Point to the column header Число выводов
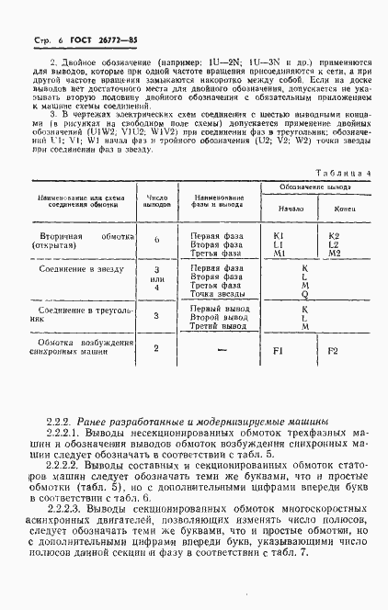point(156,199)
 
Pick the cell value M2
point(334,254)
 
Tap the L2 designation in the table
point(334,245)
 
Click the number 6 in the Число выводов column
point(156,240)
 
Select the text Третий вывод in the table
point(218,325)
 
